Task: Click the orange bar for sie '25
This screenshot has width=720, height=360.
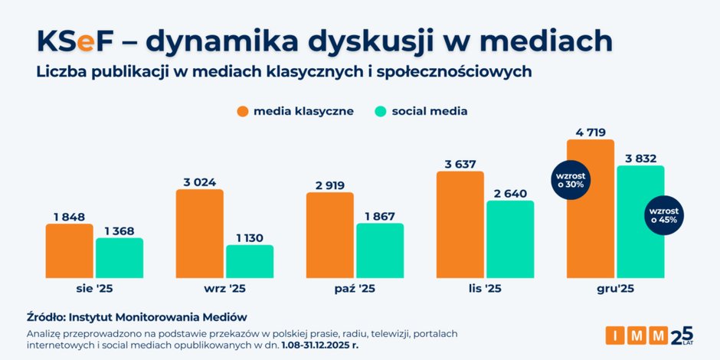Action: pyautogui.click(x=69, y=250)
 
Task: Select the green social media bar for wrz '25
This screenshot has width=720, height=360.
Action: pyautogui.click(x=249, y=261)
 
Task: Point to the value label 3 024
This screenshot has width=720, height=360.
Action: pyautogui.click(x=199, y=182)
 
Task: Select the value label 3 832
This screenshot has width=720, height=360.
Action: pyautogui.click(x=640, y=158)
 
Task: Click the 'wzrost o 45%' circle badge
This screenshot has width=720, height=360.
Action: pyautogui.click(x=664, y=214)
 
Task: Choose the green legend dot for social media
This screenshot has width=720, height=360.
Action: pyautogui.click(x=379, y=111)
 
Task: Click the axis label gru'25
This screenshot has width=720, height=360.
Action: pyautogui.click(x=615, y=290)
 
